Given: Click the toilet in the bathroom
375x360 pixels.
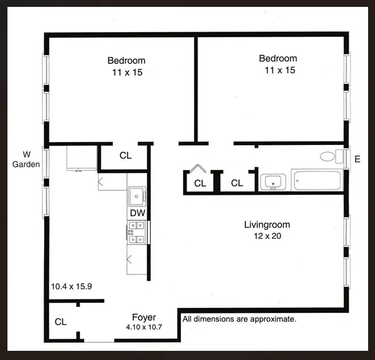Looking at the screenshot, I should coord(328,156).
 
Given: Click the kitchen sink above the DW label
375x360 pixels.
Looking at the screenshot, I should coord(136,197).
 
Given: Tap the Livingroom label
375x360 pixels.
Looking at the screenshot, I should coord(267,225).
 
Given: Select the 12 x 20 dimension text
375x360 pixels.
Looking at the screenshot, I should coord(267,236).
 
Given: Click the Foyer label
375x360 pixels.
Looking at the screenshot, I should coord(144,317).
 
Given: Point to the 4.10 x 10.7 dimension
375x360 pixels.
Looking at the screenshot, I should coord(144,327).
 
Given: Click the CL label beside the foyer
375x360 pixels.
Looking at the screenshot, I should coord(61,322).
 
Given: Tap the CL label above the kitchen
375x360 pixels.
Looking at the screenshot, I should coord(125,155).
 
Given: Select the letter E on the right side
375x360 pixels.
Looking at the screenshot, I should coord(357,159).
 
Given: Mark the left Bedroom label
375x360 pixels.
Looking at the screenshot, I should coord(126,60).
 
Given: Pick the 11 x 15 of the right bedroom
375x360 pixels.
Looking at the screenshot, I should coord(278,70).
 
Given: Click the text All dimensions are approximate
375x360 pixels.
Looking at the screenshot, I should coord(239,319).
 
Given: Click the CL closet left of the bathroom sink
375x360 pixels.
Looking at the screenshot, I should coord(236,183).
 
